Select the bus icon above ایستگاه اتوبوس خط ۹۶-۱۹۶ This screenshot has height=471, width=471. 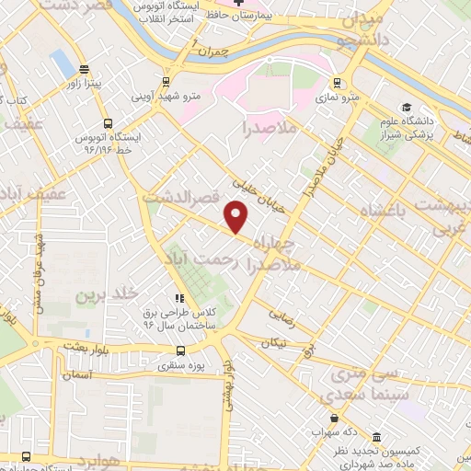(x=108, y=123)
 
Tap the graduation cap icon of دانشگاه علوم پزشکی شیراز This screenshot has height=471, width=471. (x=406, y=108)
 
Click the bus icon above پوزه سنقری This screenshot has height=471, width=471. (x=179, y=350)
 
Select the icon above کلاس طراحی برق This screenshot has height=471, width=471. (x=179, y=298)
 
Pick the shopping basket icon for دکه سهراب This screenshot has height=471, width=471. (x=347, y=431)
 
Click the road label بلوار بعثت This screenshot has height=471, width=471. (x=86, y=343)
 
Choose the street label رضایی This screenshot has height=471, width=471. (x=280, y=314)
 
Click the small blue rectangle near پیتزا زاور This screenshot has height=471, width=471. (x=63, y=62)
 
